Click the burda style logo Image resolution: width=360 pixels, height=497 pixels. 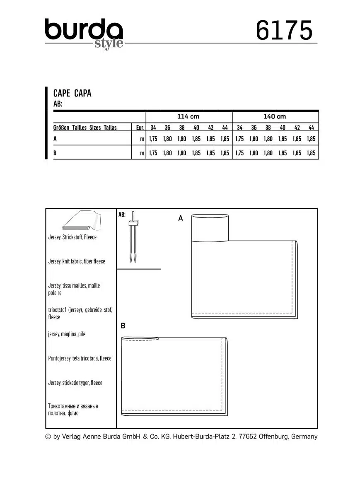pos(84,33)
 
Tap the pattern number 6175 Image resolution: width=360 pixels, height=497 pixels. pos(284,31)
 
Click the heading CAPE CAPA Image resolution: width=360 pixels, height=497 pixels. pos(72,93)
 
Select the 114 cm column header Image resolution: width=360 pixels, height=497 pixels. pos(188,117)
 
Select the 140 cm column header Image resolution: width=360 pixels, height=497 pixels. pos(275,117)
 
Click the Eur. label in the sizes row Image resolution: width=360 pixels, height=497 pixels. pos(140,128)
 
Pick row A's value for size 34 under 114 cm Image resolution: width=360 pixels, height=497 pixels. pos(153,139)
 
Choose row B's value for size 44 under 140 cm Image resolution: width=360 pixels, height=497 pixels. pos(311,153)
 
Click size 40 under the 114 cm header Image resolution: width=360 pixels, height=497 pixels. pos(196,128)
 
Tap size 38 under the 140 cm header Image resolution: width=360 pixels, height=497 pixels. pos(268,128)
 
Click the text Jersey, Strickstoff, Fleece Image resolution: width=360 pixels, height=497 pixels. pos(72,237)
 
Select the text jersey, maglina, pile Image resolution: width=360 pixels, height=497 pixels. pos(67,334)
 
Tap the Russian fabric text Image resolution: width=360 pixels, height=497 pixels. pos(73,410)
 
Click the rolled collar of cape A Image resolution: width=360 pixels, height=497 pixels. pos(210,227)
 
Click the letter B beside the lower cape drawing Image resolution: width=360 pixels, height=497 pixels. pos(123,326)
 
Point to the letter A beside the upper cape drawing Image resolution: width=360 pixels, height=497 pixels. pos(181,218)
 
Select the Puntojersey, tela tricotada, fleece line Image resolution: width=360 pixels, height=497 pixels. pos(80,358)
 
